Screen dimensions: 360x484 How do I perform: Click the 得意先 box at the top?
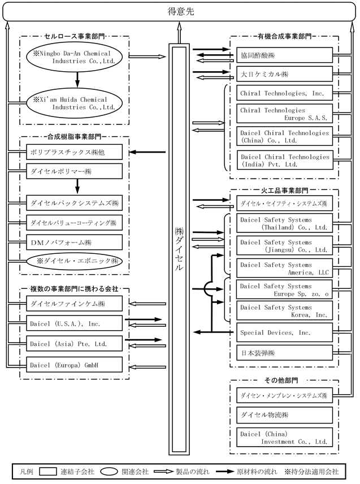(180, 12)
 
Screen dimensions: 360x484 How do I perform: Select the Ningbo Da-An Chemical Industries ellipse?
(75, 57)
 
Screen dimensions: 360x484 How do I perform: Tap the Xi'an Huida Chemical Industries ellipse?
(75, 103)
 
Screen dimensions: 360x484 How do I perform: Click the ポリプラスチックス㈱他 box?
(75, 152)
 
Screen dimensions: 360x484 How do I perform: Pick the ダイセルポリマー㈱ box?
(75, 171)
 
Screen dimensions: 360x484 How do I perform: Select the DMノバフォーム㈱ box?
(75, 243)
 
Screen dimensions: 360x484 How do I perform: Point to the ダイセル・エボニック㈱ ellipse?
(75, 261)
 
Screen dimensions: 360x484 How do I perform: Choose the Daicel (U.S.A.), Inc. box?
(75, 323)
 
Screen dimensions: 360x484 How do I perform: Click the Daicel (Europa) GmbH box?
(75, 365)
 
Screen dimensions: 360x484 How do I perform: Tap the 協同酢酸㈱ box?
(284, 55)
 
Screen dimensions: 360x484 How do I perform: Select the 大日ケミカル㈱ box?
(284, 74)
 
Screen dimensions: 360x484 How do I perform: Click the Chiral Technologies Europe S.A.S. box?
(284, 114)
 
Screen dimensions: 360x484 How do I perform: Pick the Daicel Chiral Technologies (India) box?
(285, 160)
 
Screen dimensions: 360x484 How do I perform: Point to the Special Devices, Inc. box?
(284, 332)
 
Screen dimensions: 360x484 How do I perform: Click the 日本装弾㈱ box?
(284, 353)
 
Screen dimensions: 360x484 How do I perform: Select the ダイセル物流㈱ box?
(284, 415)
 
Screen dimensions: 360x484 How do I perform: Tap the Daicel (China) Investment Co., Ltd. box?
(284, 438)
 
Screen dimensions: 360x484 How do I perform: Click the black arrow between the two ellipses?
(77, 79)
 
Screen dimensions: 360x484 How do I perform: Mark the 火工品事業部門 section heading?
(284, 191)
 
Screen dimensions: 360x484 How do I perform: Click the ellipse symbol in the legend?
(107, 472)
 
